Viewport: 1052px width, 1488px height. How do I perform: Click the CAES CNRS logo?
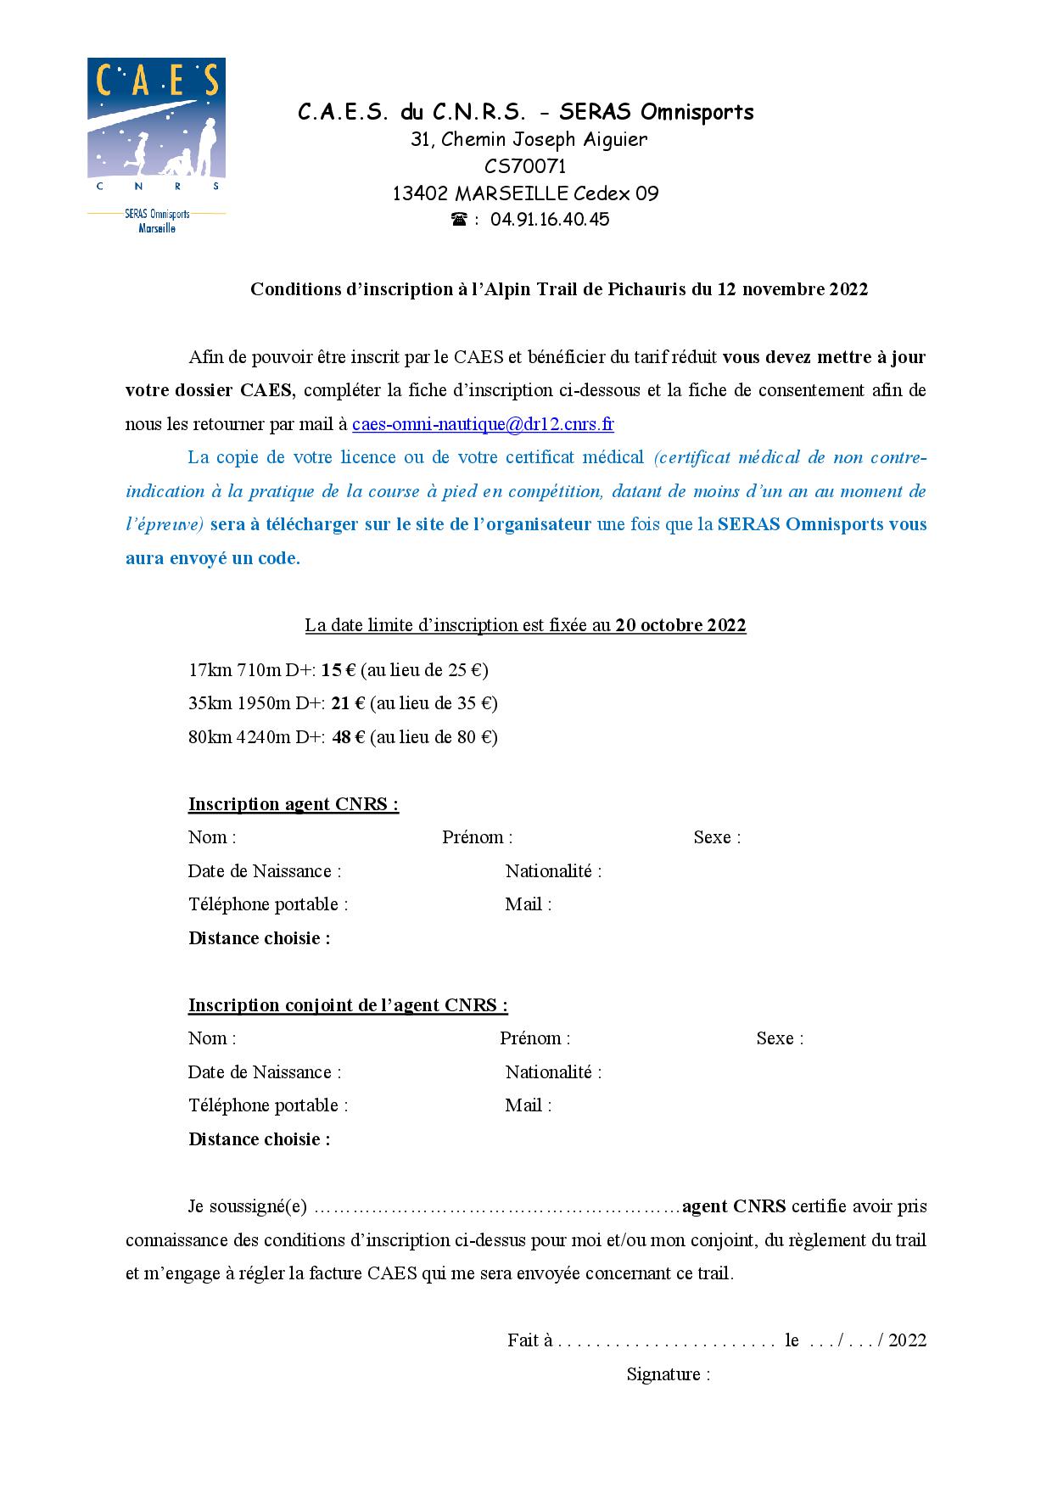[157, 144]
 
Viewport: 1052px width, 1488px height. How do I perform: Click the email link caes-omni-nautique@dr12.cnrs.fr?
[483, 424]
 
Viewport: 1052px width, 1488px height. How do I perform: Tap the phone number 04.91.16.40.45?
[550, 220]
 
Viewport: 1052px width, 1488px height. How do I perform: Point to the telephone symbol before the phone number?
[459, 220]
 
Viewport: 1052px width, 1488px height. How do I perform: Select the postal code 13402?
[420, 193]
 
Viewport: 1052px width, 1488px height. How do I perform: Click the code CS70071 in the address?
[525, 166]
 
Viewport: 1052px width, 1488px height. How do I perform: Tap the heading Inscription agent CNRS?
[293, 804]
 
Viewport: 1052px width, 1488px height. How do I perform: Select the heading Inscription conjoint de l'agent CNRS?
[348, 1005]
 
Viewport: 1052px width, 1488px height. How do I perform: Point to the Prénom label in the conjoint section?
[534, 1038]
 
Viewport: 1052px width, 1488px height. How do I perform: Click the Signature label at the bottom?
[668, 1374]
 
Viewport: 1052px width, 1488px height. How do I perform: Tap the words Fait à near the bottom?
[530, 1340]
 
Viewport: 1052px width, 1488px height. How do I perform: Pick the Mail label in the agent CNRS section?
[528, 904]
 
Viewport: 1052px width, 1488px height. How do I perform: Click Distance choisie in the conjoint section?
[259, 1139]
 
